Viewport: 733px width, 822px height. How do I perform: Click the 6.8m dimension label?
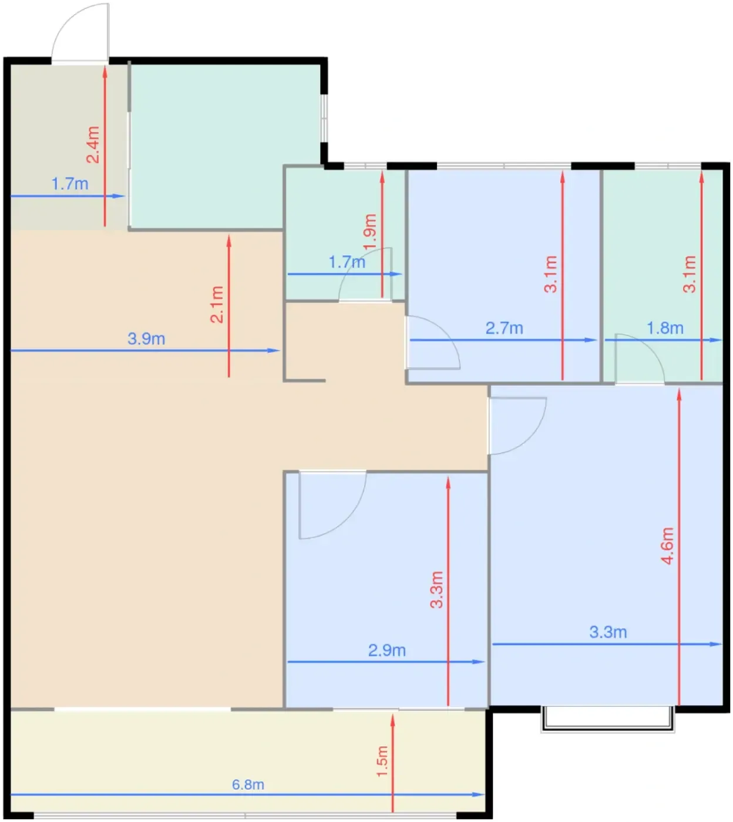[x=248, y=784]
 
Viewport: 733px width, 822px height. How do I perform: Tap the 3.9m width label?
[x=146, y=339]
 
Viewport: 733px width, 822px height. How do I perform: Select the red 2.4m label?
[x=93, y=144]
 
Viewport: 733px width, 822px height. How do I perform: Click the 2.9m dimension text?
[x=387, y=651]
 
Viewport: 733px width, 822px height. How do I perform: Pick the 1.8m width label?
[x=665, y=328]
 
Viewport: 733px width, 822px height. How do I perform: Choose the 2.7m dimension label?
[x=504, y=328]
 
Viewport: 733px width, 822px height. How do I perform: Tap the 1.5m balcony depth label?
[x=382, y=762]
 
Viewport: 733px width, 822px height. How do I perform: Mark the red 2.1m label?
[x=217, y=304]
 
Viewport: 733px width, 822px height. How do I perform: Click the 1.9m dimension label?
[x=370, y=232]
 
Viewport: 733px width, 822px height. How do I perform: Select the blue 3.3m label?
[x=608, y=632]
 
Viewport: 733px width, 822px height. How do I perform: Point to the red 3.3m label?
[x=437, y=589]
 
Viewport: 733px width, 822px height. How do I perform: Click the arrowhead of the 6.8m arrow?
[x=479, y=794]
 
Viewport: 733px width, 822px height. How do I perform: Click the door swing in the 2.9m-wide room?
[x=333, y=505]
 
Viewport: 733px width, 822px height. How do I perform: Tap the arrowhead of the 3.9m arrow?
[x=274, y=350]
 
